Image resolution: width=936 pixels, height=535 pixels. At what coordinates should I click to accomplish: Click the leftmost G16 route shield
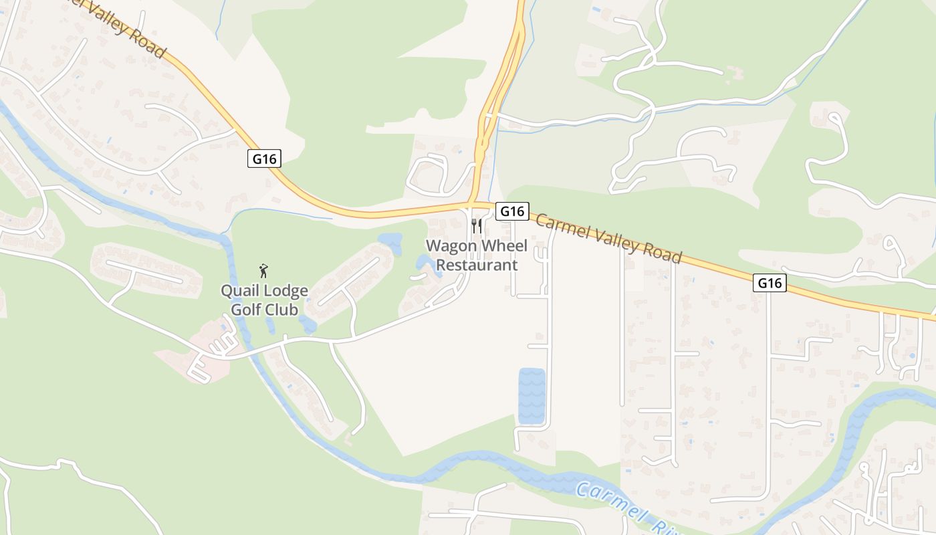(264, 158)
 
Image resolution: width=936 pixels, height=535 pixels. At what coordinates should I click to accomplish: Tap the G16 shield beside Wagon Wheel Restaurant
(512, 211)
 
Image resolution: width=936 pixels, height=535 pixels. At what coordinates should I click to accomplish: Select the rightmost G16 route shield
(769, 283)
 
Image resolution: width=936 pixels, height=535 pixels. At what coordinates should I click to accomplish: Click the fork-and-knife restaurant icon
(476, 225)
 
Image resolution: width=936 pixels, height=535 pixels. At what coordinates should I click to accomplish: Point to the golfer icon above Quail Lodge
(264, 271)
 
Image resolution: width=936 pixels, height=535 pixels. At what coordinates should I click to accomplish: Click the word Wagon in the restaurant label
(450, 246)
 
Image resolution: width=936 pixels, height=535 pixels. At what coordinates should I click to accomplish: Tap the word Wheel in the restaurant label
(502, 246)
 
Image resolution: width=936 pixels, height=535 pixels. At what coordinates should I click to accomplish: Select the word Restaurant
(477, 265)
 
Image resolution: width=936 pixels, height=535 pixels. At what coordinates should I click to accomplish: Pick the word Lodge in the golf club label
(285, 291)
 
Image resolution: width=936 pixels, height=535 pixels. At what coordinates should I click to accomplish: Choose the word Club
(282, 310)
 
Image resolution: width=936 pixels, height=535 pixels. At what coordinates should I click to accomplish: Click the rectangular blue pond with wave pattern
(532, 396)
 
